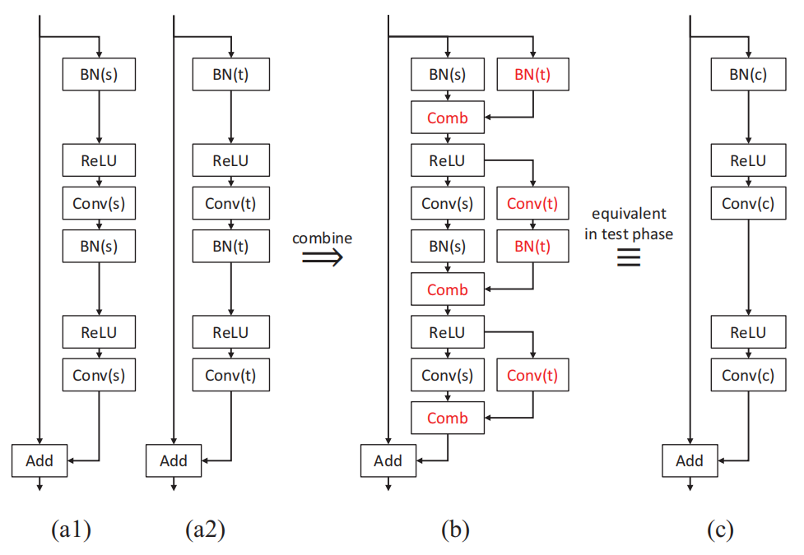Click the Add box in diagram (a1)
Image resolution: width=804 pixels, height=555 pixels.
tap(40, 460)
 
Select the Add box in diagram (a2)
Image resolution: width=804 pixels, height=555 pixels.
tap(174, 460)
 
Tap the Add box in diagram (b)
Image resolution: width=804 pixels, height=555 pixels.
tap(388, 460)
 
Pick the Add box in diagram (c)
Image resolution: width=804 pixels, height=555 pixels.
tap(689, 460)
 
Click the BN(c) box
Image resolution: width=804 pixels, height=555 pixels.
tap(748, 75)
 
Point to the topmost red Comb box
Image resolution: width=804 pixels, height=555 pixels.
tap(448, 118)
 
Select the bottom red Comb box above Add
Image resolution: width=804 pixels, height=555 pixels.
tap(448, 418)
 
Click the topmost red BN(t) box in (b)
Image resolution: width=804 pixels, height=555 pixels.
tap(533, 75)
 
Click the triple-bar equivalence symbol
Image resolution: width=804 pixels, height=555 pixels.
tap(629, 258)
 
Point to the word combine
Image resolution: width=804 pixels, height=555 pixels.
tap(323, 238)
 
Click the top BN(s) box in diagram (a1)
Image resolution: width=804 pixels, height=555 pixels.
tap(99, 75)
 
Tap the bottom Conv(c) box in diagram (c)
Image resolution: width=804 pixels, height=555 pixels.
tap(748, 375)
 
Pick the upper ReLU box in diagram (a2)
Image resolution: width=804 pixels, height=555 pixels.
tap(231, 160)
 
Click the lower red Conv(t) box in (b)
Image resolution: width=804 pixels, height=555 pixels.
tap(533, 375)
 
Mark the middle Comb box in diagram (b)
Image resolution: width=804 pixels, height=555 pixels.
tap(448, 289)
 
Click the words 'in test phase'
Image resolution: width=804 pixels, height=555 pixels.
tap(629, 234)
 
